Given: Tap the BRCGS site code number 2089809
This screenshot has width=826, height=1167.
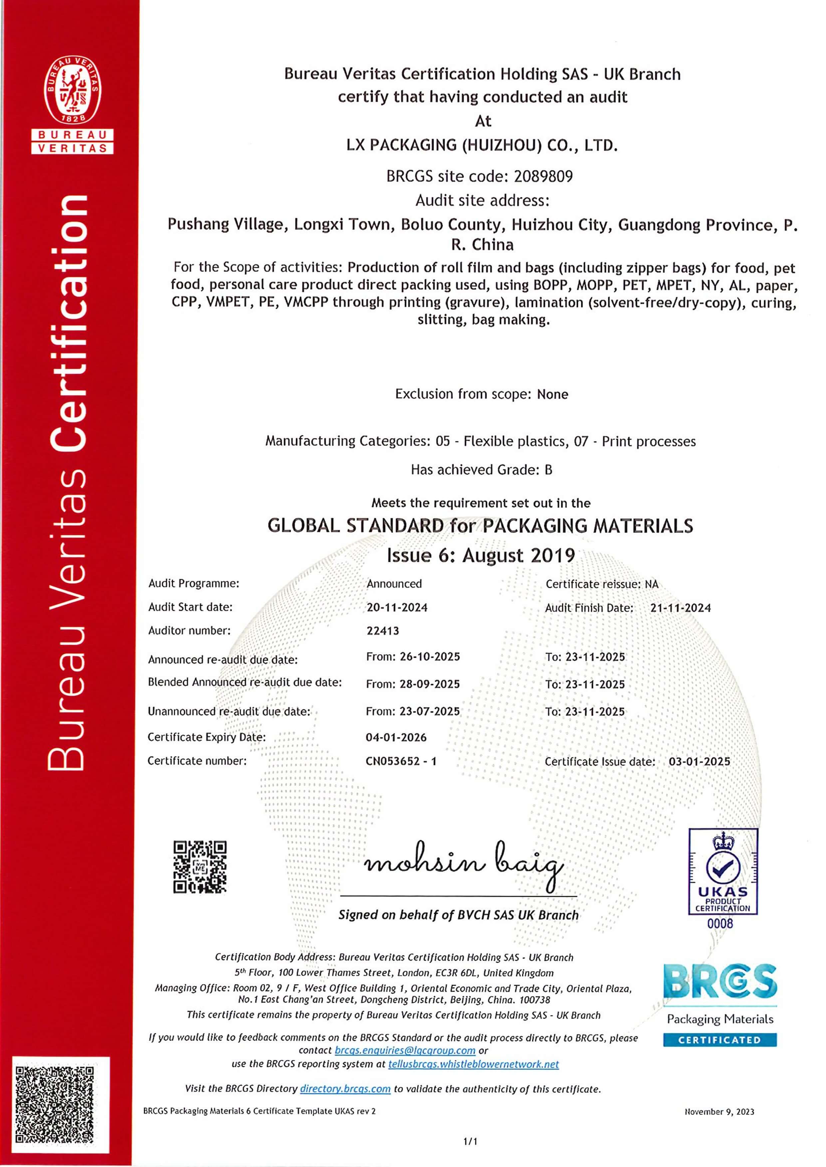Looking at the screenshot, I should (543, 176).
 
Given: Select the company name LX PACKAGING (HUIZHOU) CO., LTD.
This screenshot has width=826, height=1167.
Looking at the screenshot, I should (482, 145).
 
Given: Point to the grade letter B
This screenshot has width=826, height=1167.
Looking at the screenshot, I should (548, 470).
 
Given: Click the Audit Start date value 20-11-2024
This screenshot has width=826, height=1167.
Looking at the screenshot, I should (397, 607).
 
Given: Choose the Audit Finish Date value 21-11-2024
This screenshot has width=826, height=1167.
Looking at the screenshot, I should (680, 608).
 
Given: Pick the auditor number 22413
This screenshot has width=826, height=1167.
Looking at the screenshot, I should (383, 631).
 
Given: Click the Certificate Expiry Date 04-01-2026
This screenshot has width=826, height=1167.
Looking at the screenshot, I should (396, 738).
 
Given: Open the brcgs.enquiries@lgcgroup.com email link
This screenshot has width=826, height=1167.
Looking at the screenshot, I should (405, 1051).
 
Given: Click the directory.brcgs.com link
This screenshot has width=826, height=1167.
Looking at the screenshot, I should (345, 1089).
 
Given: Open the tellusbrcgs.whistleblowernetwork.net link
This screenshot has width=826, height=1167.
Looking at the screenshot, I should (473, 1064).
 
